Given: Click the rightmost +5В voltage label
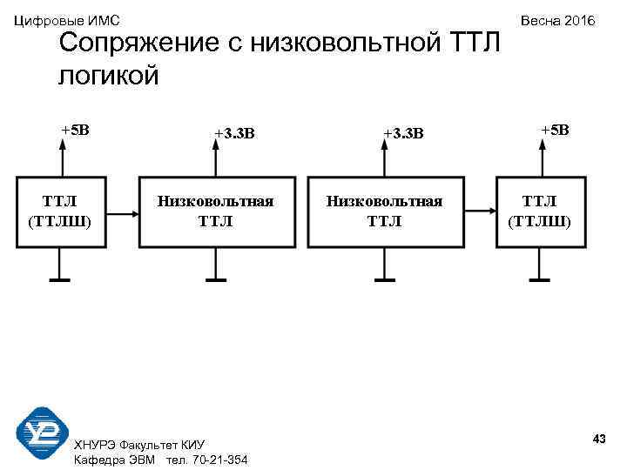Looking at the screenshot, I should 554,131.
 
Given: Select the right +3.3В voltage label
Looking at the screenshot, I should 402,133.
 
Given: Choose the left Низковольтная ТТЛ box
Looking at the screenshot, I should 215,211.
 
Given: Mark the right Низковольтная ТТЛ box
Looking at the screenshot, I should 384,211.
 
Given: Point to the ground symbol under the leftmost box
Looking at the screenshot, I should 60,279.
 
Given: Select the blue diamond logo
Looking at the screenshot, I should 42,432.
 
